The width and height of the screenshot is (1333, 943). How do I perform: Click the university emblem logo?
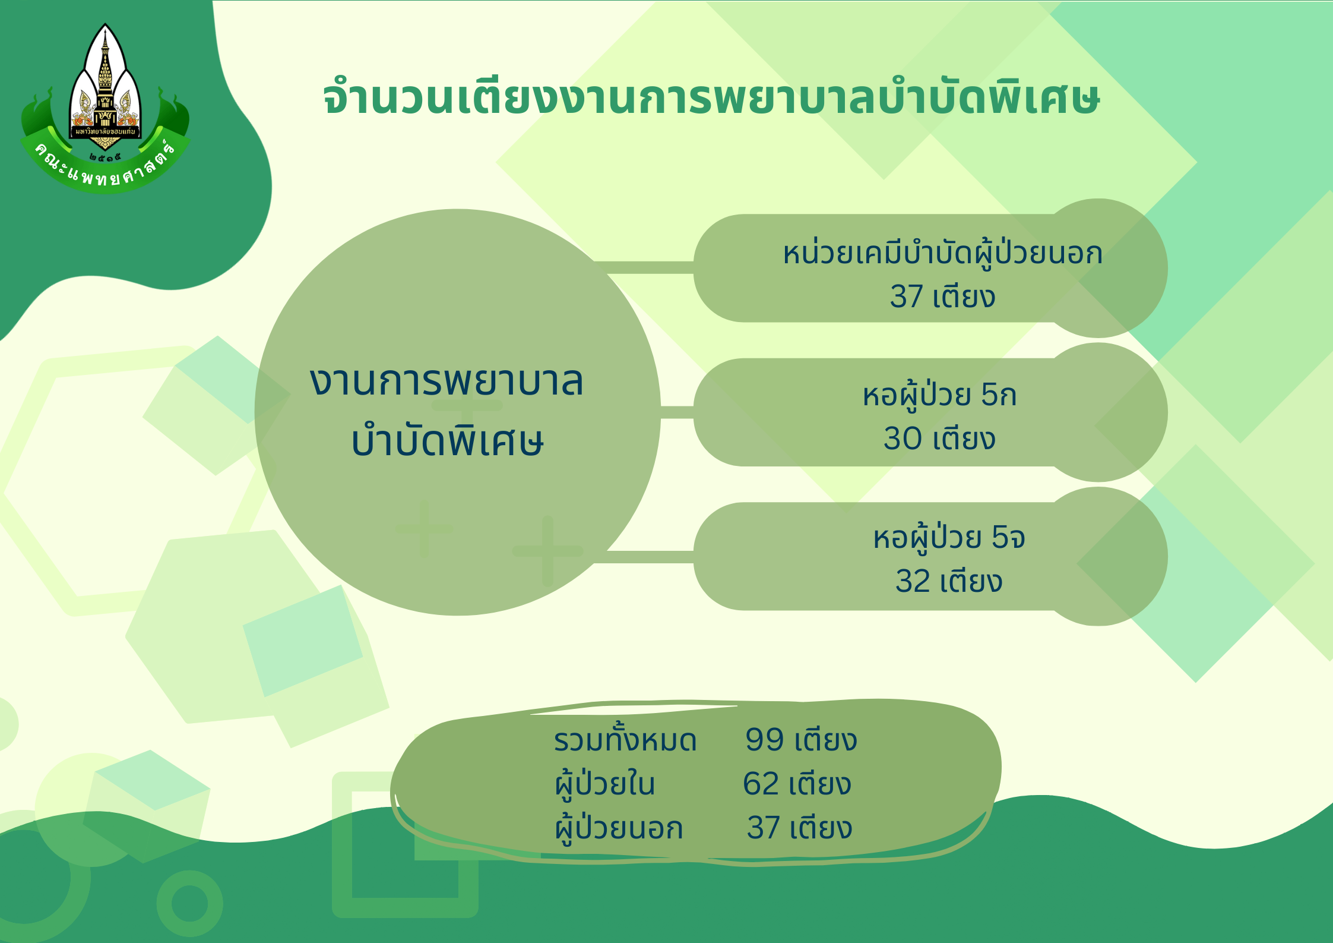105,108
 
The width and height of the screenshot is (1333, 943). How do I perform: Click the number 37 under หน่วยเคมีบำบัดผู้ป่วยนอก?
906,297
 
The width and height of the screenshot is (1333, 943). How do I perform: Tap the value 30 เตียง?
939,439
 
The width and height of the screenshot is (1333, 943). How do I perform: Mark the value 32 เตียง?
949,581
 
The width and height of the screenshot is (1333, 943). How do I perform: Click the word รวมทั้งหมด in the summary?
625,740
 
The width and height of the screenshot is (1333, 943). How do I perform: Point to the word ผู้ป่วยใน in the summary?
605,784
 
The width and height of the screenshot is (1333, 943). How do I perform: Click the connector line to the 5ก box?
677,412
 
